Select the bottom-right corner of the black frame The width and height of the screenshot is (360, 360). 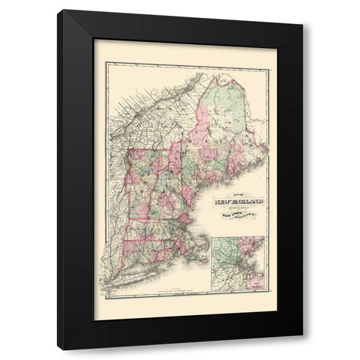point(304,350)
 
